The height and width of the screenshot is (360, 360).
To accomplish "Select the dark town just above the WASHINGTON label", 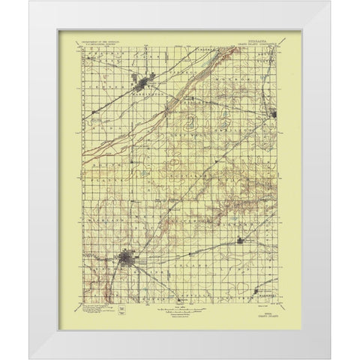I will (142, 76).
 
